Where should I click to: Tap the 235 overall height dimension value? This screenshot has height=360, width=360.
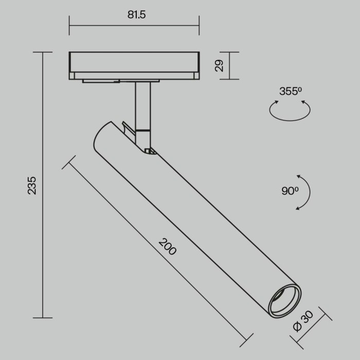32,185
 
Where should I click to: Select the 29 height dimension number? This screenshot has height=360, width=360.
219,66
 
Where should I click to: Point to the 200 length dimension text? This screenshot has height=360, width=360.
168,247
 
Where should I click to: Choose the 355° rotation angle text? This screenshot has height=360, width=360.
291,92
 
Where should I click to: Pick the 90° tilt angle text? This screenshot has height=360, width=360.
290,191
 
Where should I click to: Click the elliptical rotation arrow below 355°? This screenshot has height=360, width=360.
291,111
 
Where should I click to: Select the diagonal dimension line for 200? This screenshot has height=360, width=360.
154,252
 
